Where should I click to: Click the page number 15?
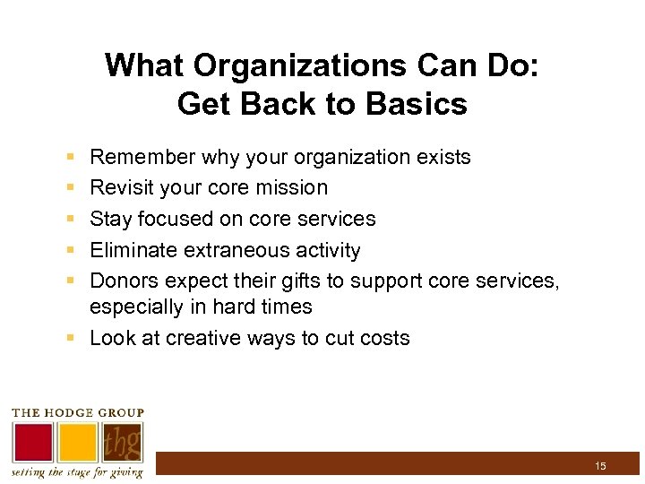coord(600,465)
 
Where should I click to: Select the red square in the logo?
coord(32,442)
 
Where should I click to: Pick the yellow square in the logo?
coord(77,442)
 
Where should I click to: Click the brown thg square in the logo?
coord(122,442)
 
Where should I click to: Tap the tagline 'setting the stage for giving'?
coord(77,472)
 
